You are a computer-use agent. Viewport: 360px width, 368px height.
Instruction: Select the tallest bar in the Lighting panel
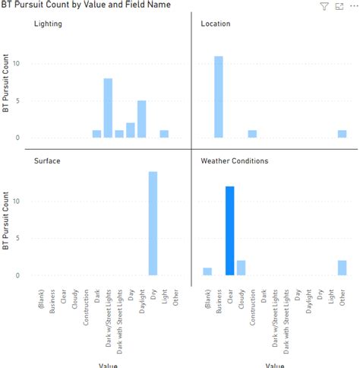(x=108, y=108)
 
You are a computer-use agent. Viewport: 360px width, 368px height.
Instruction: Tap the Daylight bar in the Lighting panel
(x=141, y=119)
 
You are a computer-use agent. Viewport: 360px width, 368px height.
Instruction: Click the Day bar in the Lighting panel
(x=130, y=130)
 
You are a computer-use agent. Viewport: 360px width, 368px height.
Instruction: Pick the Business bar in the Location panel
(x=219, y=97)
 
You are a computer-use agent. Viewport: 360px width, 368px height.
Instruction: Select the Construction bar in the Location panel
(x=252, y=134)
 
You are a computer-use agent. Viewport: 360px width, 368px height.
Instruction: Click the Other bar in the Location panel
(x=342, y=134)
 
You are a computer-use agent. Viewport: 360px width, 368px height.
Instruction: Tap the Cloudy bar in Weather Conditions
(x=241, y=268)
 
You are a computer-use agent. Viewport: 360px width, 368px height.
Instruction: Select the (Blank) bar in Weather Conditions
(x=207, y=271)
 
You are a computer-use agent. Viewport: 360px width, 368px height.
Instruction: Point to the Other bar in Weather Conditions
(x=342, y=268)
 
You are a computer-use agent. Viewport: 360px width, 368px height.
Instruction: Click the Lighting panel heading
(x=48, y=24)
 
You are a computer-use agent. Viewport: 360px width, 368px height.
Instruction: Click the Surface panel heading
(x=46, y=161)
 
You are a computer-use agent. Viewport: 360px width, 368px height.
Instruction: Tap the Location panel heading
(x=215, y=24)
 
